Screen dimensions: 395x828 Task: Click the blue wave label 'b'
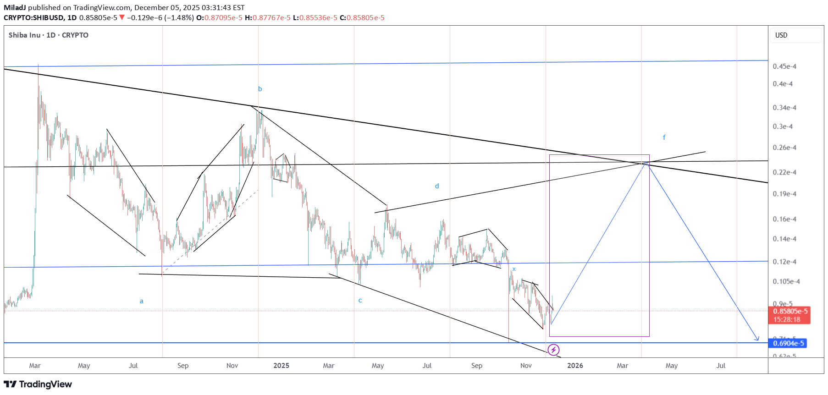[260, 89]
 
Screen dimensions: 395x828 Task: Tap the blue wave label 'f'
[664, 137]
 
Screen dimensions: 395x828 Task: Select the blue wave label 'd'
[437, 186]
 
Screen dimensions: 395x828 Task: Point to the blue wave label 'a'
[142, 301]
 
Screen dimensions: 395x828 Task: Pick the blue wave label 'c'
[360, 301]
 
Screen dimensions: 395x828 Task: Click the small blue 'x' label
[514, 269]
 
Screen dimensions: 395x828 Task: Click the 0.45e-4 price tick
[784, 66]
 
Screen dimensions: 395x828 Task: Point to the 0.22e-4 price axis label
[784, 172]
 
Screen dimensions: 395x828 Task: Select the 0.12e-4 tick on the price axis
[784, 262]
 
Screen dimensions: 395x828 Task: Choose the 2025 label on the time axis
[281, 366]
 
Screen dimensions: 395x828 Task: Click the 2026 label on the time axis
[575, 366]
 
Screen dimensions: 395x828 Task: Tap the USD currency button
[781, 35]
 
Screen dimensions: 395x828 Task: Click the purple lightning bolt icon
[554, 350]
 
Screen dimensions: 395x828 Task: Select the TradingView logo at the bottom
[38, 384]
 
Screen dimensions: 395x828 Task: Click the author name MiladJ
[15, 8]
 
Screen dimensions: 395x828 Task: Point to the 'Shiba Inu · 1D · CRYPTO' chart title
[49, 35]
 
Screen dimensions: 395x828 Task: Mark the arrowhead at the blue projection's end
[758, 340]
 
